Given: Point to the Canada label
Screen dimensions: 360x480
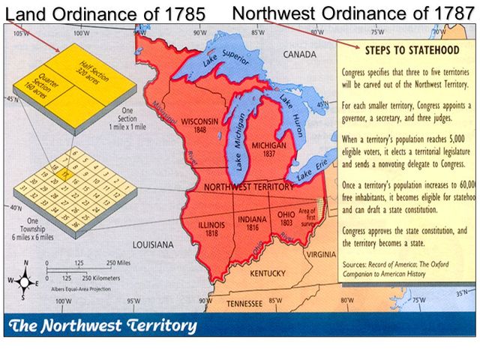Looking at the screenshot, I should click(x=300, y=55).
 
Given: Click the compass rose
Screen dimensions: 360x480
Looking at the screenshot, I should click(x=25, y=282).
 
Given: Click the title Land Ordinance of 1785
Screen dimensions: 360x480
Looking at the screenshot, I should click(x=104, y=14).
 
